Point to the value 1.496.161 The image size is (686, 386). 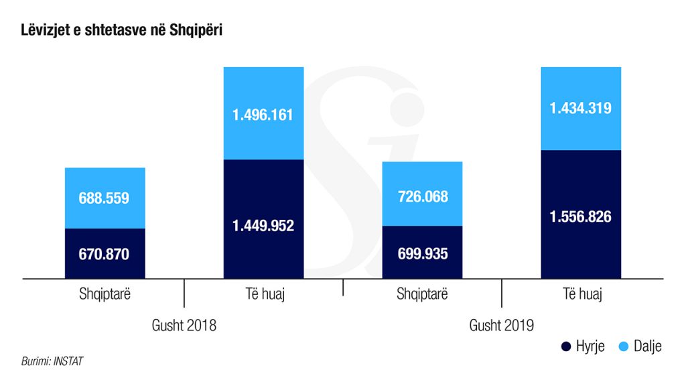263,115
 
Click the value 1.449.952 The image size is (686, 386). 263,226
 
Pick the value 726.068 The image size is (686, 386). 422,197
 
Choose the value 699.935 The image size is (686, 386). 422,254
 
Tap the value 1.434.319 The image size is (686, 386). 580,108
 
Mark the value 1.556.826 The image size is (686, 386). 580,217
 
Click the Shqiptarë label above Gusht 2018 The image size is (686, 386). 105,295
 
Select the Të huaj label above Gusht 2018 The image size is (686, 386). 263,295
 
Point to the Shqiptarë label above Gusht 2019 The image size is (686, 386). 422,295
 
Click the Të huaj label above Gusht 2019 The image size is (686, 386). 581,295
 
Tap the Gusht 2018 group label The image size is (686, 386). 184,326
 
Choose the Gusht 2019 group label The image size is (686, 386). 502,326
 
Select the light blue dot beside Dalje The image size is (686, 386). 623,346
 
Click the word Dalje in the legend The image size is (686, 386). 647,346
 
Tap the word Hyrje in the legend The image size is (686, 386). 590,346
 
